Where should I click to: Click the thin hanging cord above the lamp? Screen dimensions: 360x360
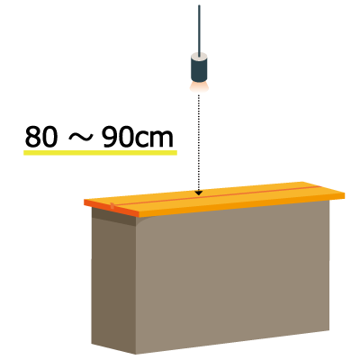(199, 30)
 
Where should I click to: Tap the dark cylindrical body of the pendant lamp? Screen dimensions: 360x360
(199, 69)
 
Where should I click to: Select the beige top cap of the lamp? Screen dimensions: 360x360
(199, 55)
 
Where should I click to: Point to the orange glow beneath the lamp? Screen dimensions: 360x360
(199, 86)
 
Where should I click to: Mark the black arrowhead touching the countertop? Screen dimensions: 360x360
(199, 193)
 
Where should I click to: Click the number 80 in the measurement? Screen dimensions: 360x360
(40, 137)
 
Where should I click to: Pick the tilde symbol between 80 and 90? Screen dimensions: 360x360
(79, 138)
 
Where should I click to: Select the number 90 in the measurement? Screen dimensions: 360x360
(118, 137)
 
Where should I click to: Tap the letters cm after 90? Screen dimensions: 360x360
(154, 139)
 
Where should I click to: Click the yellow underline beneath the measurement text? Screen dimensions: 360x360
(100, 153)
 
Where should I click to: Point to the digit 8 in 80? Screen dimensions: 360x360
(32, 137)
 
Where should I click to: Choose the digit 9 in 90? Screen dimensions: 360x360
(110, 137)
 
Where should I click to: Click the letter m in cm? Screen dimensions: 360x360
(161, 139)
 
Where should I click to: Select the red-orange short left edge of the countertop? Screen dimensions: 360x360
(112, 208)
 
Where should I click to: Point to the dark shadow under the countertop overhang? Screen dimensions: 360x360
(114, 216)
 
